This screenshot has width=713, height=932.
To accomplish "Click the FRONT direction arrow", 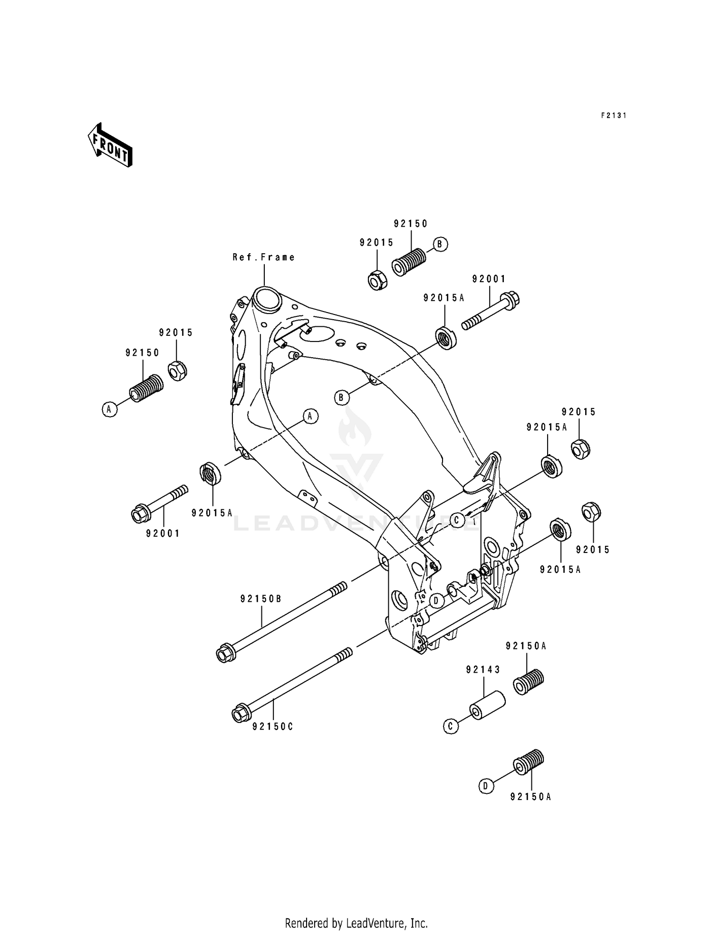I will click(x=110, y=145).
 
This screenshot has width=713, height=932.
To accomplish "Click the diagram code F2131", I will click(x=613, y=115).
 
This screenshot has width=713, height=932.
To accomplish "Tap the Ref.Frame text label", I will click(x=263, y=257).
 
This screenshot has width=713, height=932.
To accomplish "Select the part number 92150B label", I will click(x=260, y=599).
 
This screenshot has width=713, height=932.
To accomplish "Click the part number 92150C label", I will click(x=273, y=727).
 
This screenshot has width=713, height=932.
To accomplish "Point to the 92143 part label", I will click(x=483, y=670).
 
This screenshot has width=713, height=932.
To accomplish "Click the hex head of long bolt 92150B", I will click(x=223, y=654).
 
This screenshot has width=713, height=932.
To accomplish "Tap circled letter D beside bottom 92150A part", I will click(x=485, y=786).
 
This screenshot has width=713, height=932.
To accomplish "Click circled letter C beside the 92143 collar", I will click(x=451, y=726).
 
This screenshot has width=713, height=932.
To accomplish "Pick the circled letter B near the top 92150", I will click(x=440, y=244).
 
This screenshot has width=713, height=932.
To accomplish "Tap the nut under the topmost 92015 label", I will click(x=378, y=280).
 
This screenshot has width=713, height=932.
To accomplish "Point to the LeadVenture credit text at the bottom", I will click(x=356, y=909).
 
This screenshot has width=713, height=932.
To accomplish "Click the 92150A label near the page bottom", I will click(x=530, y=797).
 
